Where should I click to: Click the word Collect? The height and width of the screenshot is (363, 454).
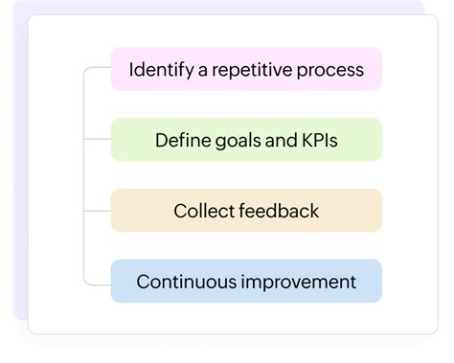coord(202,211)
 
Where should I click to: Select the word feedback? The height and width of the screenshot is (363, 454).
coord(278,211)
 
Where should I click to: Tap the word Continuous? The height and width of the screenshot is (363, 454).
coord(184,282)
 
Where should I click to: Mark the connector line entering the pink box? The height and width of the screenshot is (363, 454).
coord(99,68)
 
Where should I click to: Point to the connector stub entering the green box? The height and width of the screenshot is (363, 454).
coord(98,139)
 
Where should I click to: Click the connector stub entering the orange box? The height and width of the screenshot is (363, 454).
coord(98,210)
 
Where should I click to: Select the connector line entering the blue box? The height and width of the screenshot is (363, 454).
coord(99,284)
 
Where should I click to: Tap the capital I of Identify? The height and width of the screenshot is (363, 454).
coord(131,70)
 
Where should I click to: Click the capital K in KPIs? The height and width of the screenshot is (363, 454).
coord(304,141)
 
